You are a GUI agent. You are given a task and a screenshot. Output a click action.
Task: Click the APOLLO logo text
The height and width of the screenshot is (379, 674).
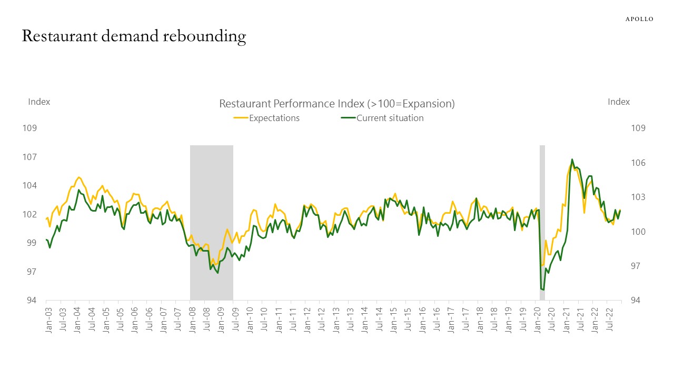tap(639, 19)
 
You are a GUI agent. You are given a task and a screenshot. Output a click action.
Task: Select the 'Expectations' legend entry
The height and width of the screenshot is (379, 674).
tap(274, 118)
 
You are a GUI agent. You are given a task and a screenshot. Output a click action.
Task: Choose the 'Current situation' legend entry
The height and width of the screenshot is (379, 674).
tap(390, 118)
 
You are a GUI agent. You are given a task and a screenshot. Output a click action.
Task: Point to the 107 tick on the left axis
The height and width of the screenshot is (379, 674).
tap(29, 157)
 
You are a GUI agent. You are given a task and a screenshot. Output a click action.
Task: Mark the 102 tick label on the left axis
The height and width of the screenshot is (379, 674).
tap(29, 214)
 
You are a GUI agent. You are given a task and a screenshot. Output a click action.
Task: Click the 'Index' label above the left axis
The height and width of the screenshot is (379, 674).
tap(39, 102)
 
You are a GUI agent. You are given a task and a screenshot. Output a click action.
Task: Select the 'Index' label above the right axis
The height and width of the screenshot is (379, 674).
tap(619, 102)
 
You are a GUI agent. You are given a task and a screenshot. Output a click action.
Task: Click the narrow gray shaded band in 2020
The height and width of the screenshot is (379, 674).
tap(542, 221)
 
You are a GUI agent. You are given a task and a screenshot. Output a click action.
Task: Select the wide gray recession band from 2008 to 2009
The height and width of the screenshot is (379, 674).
tap(211, 221)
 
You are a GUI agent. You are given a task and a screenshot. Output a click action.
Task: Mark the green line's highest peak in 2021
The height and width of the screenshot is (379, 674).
tap(572, 159)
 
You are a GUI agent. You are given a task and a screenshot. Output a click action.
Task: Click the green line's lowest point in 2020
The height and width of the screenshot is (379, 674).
tap(543, 290)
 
